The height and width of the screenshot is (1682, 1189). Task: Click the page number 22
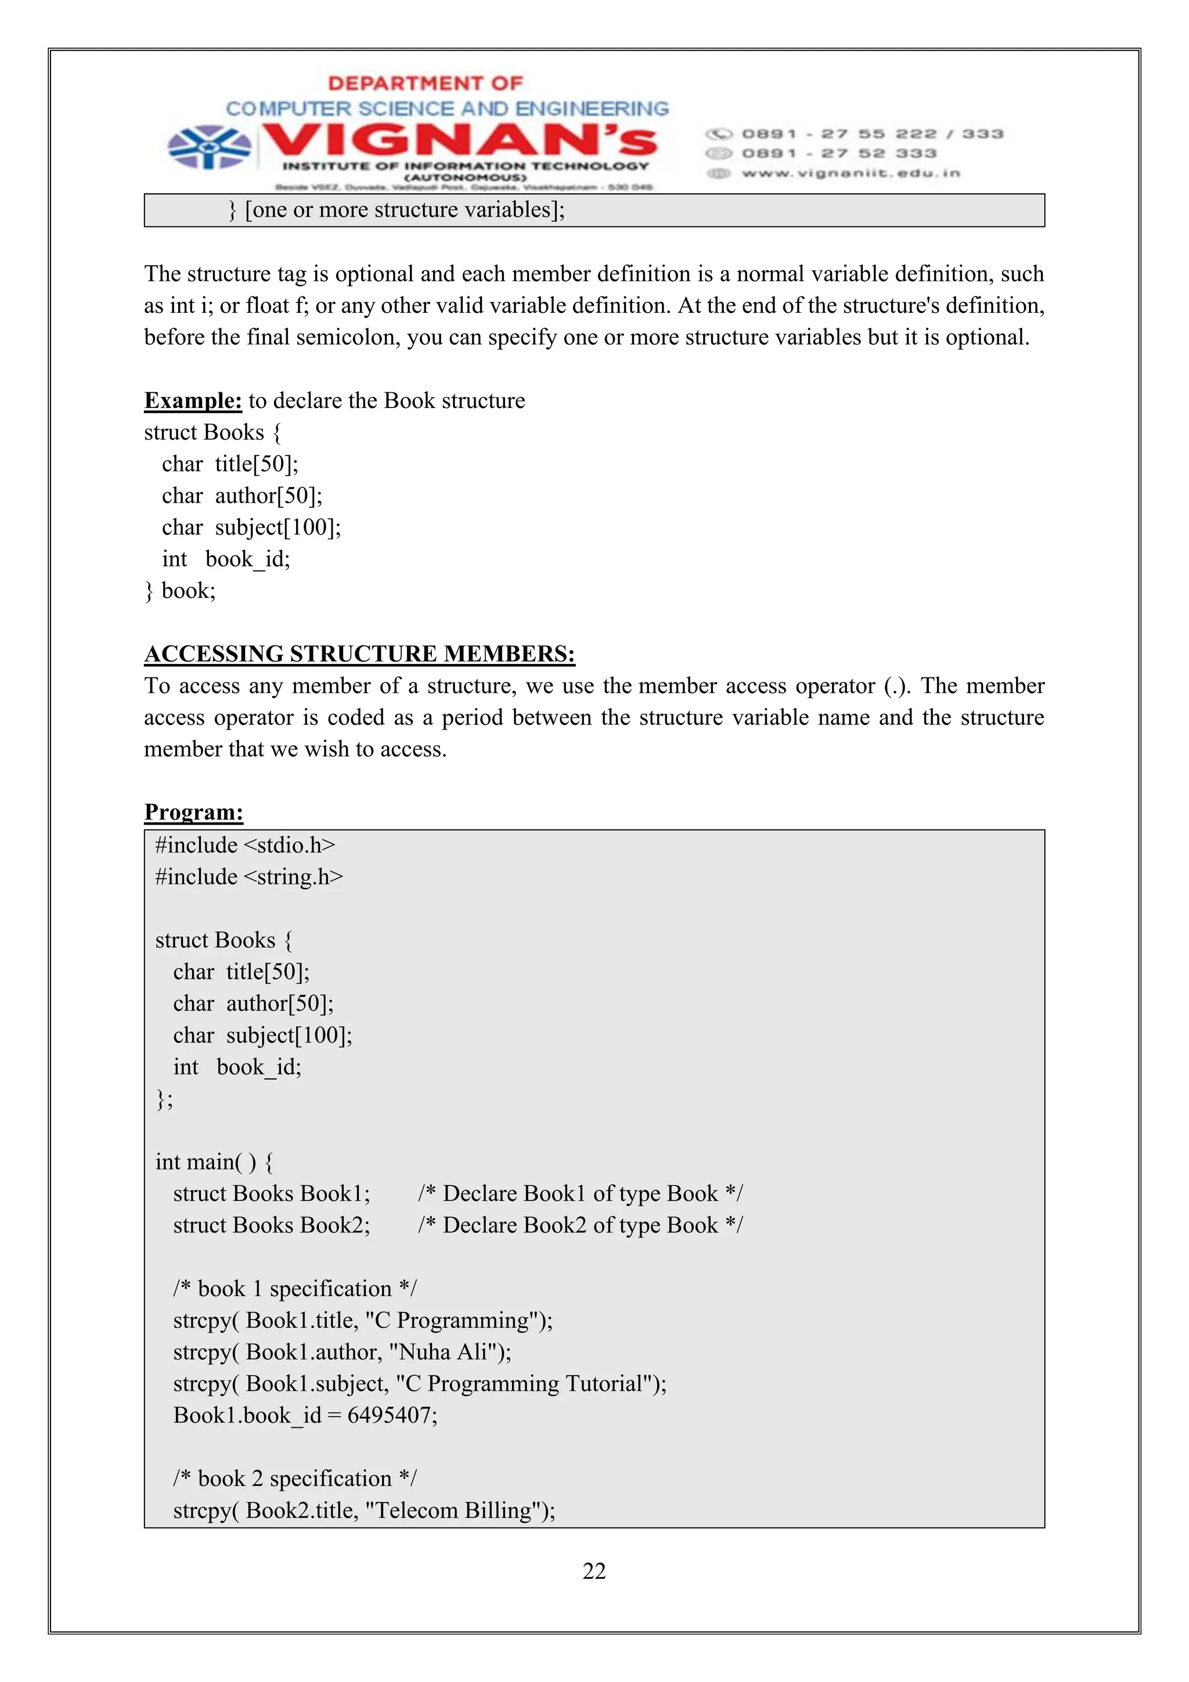tap(593, 1570)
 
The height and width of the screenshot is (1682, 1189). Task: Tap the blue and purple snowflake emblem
tap(209, 146)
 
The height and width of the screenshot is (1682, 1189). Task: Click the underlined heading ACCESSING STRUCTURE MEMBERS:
tap(360, 654)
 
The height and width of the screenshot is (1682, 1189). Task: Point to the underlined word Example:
tap(193, 400)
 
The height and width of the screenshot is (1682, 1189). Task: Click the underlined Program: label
tap(193, 812)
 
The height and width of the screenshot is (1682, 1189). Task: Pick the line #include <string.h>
tap(249, 877)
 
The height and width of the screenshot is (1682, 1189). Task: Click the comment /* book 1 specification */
tap(294, 1288)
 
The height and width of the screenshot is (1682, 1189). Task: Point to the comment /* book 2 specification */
tap(294, 1478)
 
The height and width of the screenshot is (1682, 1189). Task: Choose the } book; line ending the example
tap(180, 590)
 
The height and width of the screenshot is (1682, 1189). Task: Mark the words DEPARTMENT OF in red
tap(425, 83)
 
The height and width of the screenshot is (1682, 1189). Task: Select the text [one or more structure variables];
tap(405, 210)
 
